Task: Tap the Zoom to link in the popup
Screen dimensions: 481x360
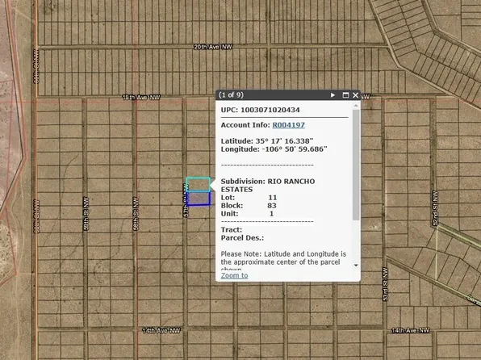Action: click(x=234, y=275)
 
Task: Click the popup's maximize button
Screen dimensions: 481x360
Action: click(x=345, y=95)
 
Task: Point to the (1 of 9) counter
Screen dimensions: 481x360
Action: click(x=232, y=95)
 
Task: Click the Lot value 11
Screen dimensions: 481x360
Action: click(x=272, y=197)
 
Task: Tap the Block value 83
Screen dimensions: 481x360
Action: click(x=272, y=205)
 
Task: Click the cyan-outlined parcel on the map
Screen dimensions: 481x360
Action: click(x=198, y=184)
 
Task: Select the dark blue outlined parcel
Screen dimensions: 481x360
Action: click(x=199, y=198)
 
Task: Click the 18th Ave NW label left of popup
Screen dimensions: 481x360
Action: click(x=141, y=98)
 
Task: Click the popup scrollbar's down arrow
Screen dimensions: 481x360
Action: click(x=356, y=264)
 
